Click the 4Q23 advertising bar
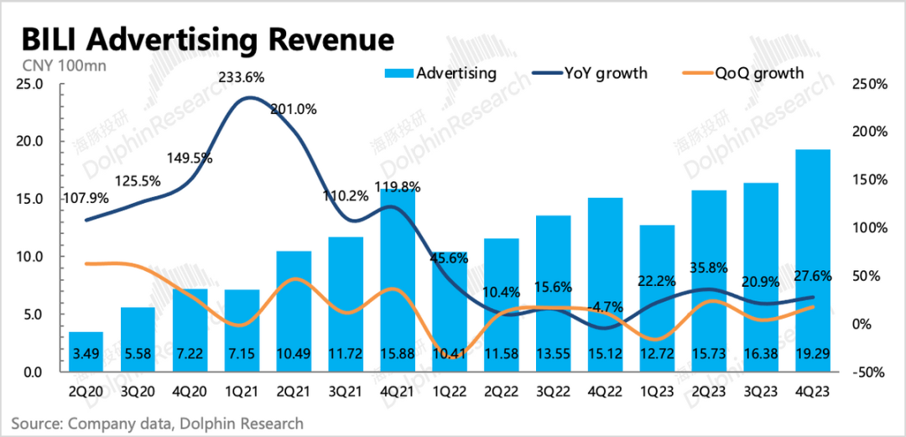(x=813, y=260)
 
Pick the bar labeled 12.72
(x=656, y=298)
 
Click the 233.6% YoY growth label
(x=242, y=77)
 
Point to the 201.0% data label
(x=294, y=109)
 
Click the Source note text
(x=157, y=423)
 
